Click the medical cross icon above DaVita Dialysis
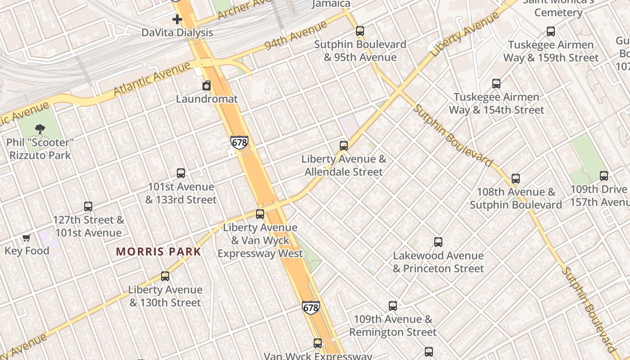point(177,19)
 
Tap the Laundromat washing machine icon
point(207,85)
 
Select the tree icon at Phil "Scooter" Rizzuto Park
point(40,129)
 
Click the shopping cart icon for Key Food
point(27,238)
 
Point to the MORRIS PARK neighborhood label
point(158,252)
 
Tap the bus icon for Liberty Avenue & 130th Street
point(165,276)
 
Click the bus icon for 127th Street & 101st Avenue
point(88,207)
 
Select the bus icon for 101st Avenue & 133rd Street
point(181,173)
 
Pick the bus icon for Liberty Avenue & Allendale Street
point(344,146)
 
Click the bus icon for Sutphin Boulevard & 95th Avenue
point(360,31)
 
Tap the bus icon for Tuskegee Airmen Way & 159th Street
point(551,31)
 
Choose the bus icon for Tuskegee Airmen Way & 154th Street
point(496,84)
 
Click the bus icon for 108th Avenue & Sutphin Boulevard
point(516,179)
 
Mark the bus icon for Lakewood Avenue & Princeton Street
point(438,242)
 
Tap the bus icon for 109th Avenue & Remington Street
point(393,306)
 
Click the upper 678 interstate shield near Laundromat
point(239,143)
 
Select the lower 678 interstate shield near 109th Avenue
point(311,308)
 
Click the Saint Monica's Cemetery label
point(558,7)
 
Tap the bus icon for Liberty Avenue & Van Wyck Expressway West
point(260,214)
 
